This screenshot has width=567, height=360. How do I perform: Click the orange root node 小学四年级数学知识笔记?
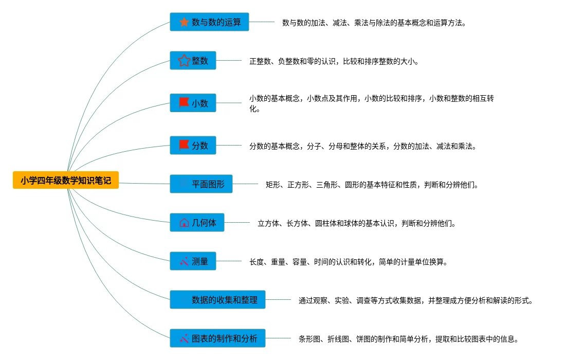tap(66, 180)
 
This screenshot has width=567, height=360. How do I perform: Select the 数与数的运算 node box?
tap(209, 22)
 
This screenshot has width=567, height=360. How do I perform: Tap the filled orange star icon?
tap(184, 22)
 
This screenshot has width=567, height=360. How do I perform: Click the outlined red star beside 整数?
tap(184, 61)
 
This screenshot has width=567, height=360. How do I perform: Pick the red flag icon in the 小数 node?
tap(184, 103)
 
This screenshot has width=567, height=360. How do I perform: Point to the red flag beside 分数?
tap(184, 145)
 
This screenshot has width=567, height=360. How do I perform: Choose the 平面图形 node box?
tap(201, 184)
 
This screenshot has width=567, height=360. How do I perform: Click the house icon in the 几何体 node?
tap(184, 223)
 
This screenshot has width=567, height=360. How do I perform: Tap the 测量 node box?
tap(193, 261)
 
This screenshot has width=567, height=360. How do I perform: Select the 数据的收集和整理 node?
tap(217, 299)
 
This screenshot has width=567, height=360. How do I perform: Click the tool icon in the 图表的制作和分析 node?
tap(184, 338)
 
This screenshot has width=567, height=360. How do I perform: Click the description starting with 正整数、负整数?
tap(334, 61)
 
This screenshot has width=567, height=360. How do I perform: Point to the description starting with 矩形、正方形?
tap(372, 184)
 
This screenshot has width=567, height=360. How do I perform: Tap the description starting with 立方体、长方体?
tap(357, 223)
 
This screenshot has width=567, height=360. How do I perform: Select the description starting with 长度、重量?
tap(349, 262)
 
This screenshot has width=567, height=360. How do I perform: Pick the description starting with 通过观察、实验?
tap(415, 300)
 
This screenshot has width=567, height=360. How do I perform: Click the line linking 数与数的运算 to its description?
tap(262, 22)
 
